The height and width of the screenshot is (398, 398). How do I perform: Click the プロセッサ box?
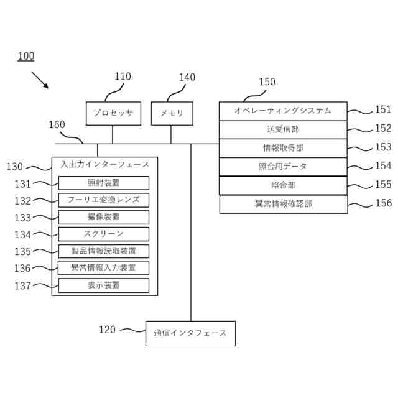113,113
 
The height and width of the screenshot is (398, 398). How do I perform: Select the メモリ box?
172,113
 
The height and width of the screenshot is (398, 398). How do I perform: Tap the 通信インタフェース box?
190,333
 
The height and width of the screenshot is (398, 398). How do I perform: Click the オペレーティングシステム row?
283,111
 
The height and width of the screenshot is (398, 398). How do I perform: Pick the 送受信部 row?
283,130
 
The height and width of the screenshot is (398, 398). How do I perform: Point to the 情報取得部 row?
283,148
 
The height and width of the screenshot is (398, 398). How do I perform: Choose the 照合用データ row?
283,167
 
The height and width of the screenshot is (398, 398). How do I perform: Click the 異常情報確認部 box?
284,204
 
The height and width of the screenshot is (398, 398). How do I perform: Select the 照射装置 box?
104,183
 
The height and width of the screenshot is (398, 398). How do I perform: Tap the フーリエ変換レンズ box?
104,200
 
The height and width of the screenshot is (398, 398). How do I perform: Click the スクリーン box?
104,234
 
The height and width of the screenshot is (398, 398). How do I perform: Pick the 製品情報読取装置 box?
104,251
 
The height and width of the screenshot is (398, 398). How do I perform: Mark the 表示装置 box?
104,285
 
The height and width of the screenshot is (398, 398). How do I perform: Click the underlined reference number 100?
26,56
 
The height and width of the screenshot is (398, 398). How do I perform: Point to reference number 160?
57,124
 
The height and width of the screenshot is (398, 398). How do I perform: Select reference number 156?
384,203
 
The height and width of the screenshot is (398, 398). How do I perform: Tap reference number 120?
107,330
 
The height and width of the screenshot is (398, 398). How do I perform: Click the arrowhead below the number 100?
46,86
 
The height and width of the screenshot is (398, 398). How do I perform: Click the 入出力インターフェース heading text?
104,164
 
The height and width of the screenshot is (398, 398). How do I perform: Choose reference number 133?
22,218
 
